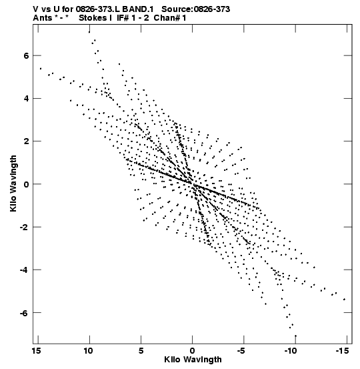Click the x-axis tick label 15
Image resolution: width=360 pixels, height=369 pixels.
point(37,351)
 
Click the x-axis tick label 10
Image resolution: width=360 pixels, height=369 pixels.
point(88,351)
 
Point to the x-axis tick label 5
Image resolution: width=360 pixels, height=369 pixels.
point(141,351)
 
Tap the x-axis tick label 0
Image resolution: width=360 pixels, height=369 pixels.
point(193,351)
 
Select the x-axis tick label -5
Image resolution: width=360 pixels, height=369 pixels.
point(243,351)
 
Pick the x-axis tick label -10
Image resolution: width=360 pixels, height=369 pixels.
point(292,351)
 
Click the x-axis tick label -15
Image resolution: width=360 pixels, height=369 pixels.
point(343,351)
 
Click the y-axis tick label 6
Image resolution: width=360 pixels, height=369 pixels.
point(26,56)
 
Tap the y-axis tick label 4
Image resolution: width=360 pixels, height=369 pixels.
point(26,99)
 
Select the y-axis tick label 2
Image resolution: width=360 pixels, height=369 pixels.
point(26,141)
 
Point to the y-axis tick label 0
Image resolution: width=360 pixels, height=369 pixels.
point(26,184)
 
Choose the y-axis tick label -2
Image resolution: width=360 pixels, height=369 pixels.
point(24,227)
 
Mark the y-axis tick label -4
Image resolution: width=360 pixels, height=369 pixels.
point(24,270)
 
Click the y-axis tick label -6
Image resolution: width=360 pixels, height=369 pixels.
point(24,313)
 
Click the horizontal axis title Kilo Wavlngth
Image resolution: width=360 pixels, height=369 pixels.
point(193,360)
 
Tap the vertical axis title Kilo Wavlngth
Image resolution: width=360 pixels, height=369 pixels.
point(13,183)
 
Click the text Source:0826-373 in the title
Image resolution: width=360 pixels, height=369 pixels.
point(196,9)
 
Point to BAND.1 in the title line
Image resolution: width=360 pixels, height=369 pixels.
point(138,9)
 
